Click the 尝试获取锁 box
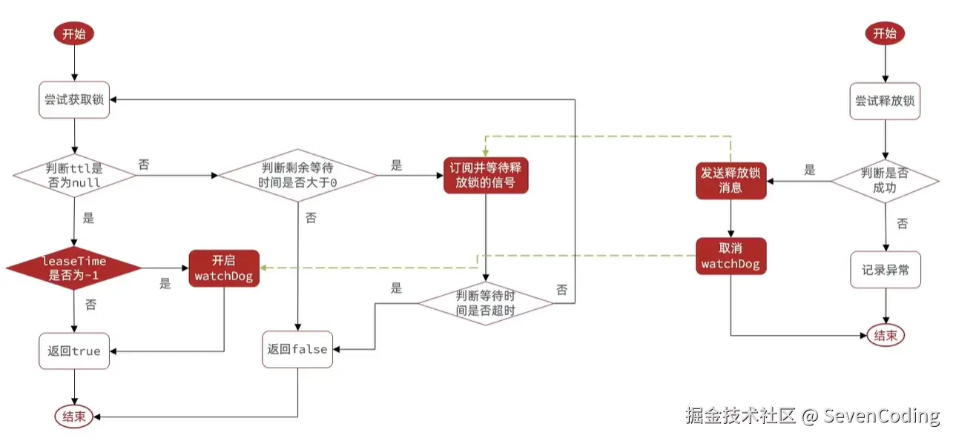pos(74,99)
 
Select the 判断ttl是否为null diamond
pos(73,176)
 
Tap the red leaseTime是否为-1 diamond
pos(73,268)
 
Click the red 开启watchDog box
pos(223,268)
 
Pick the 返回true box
pos(74,351)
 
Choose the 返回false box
pos(297,349)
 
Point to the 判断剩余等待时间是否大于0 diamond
pos(297,176)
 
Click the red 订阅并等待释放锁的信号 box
pos(486,175)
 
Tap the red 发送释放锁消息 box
pos(731,180)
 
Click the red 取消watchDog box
pos(731,256)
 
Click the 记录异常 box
pos(885,271)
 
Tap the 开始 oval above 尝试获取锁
pos(73,33)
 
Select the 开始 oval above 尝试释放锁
pos(885,33)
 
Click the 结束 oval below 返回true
pos(73,417)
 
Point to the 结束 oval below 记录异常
pos(886,335)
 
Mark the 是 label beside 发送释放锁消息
pos(810,170)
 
